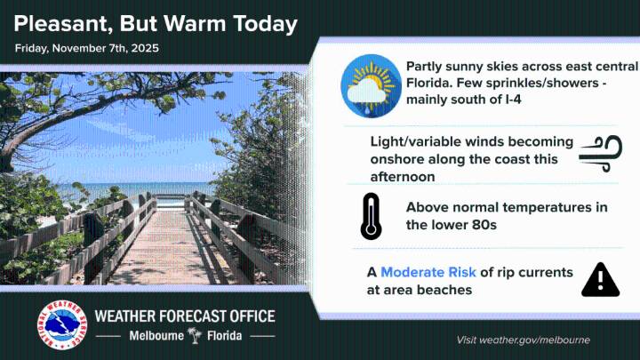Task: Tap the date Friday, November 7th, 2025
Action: [87, 48]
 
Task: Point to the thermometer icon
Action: [371, 217]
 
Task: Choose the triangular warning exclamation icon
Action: [600, 279]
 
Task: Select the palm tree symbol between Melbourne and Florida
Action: [194, 336]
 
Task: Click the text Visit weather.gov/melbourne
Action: [523, 340]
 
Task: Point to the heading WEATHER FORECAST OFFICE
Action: [185, 316]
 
